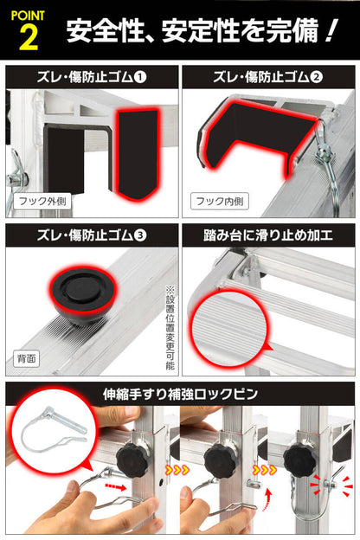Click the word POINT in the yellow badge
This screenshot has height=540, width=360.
(27, 13)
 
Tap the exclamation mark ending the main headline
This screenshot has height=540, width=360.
(329, 31)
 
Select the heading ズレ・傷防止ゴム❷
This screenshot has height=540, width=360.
(267, 77)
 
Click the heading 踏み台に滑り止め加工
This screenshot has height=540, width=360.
(267, 235)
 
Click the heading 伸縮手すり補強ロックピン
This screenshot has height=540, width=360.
(180, 394)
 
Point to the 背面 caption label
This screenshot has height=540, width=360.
(27, 357)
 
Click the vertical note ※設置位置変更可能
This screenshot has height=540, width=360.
(170, 324)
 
